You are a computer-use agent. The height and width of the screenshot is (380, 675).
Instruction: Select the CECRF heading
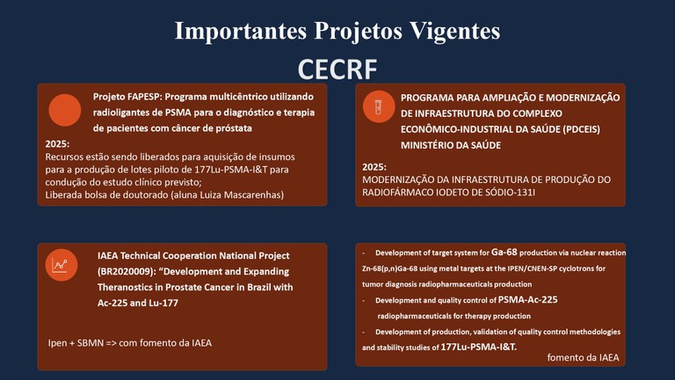tap(337, 69)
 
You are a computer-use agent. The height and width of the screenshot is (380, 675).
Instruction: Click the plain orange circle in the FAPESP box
tap(65, 109)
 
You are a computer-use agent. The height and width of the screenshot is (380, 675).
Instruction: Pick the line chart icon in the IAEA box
tap(61, 263)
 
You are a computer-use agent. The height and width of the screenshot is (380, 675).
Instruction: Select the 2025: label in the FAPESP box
tap(57, 143)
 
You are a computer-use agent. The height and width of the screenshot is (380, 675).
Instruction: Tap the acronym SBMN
tap(98, 342)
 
